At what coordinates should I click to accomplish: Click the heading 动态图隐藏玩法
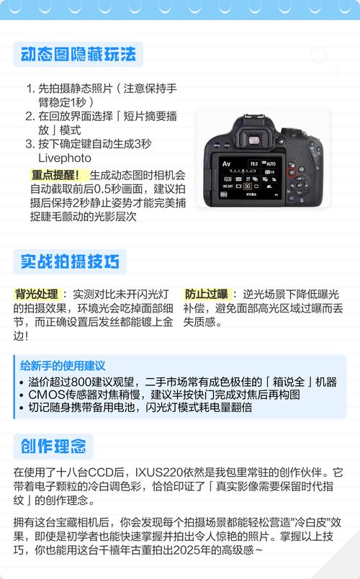coord(78,55)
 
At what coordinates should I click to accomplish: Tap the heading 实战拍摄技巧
coord(69,261)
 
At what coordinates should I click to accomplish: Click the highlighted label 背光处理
coord(36,295)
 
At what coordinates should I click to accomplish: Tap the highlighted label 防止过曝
coord(206,295)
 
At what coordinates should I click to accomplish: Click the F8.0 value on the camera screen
coord(253,164)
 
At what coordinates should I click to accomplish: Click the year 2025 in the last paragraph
coord(196,549)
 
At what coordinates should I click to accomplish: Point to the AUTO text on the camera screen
coord(270,164)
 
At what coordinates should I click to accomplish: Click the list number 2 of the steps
coord(30,116)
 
